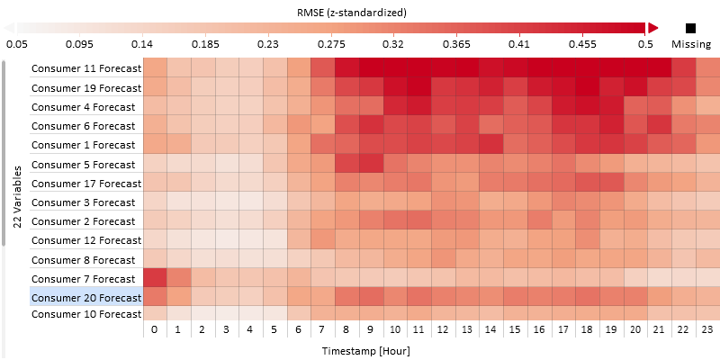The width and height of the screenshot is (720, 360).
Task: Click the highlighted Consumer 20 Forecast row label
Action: (86, 298)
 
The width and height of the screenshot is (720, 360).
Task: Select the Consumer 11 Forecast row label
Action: (86, 68)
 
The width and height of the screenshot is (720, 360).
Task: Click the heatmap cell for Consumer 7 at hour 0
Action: (155, 279)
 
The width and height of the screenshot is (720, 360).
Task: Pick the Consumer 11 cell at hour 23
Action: (707, 68)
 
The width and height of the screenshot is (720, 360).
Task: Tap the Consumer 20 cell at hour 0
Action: (155, 298)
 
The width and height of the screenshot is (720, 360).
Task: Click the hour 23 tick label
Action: (707, 331)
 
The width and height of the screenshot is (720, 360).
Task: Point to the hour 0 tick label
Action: (155, 331)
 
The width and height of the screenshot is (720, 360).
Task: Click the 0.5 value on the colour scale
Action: (645, 43)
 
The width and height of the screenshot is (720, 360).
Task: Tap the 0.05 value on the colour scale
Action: (17, 43)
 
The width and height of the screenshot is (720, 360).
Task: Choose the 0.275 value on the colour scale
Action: (331, 43)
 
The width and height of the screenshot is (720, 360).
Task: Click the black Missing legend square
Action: (691, 28)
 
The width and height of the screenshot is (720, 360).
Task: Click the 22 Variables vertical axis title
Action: (19, 190)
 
